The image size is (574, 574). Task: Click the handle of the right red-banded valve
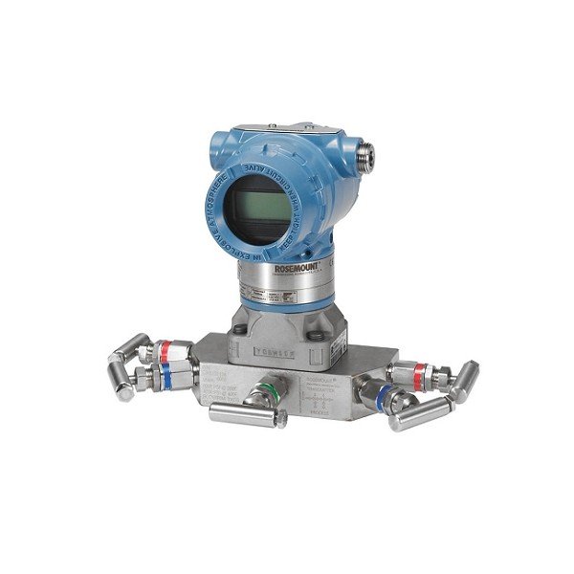point(462,378)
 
